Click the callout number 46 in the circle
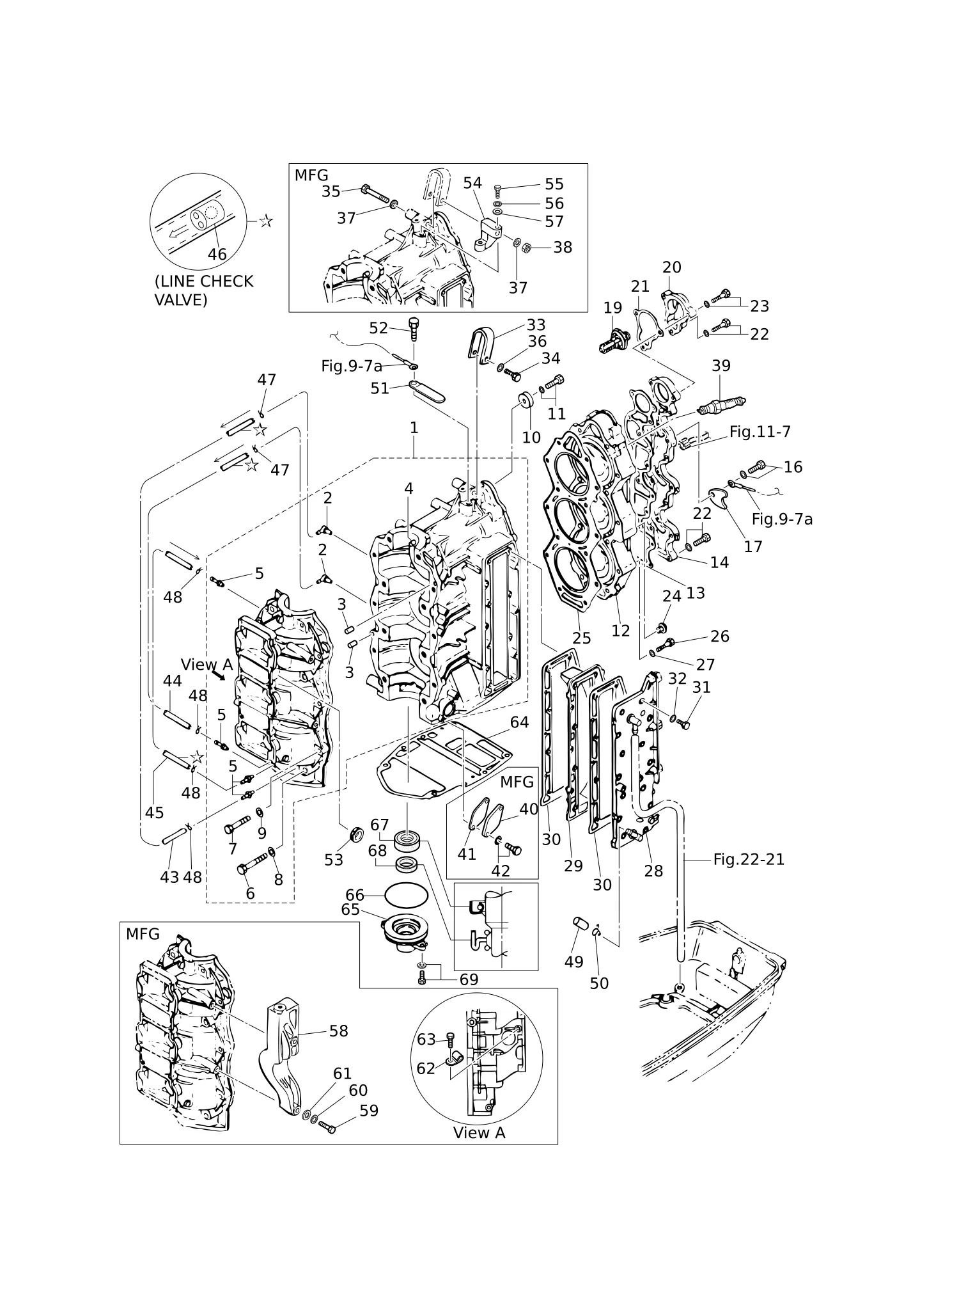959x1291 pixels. tap(217, 254)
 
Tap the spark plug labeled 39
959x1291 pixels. tap(721, 406)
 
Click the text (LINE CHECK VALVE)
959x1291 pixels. tap(204, 290)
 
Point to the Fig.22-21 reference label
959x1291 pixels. tap(749, 859)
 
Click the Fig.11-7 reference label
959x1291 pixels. tap(760, 432)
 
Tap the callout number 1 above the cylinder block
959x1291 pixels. tap(414, 427)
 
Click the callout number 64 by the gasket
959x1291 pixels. tap(519, 722)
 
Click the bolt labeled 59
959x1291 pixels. tap(327, 1127)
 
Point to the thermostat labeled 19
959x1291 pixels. tap(614, 340)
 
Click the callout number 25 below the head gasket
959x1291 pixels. tap(581, 638)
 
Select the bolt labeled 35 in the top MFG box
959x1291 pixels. tap(375, 193)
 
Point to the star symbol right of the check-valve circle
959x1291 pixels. tap(266, 221)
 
